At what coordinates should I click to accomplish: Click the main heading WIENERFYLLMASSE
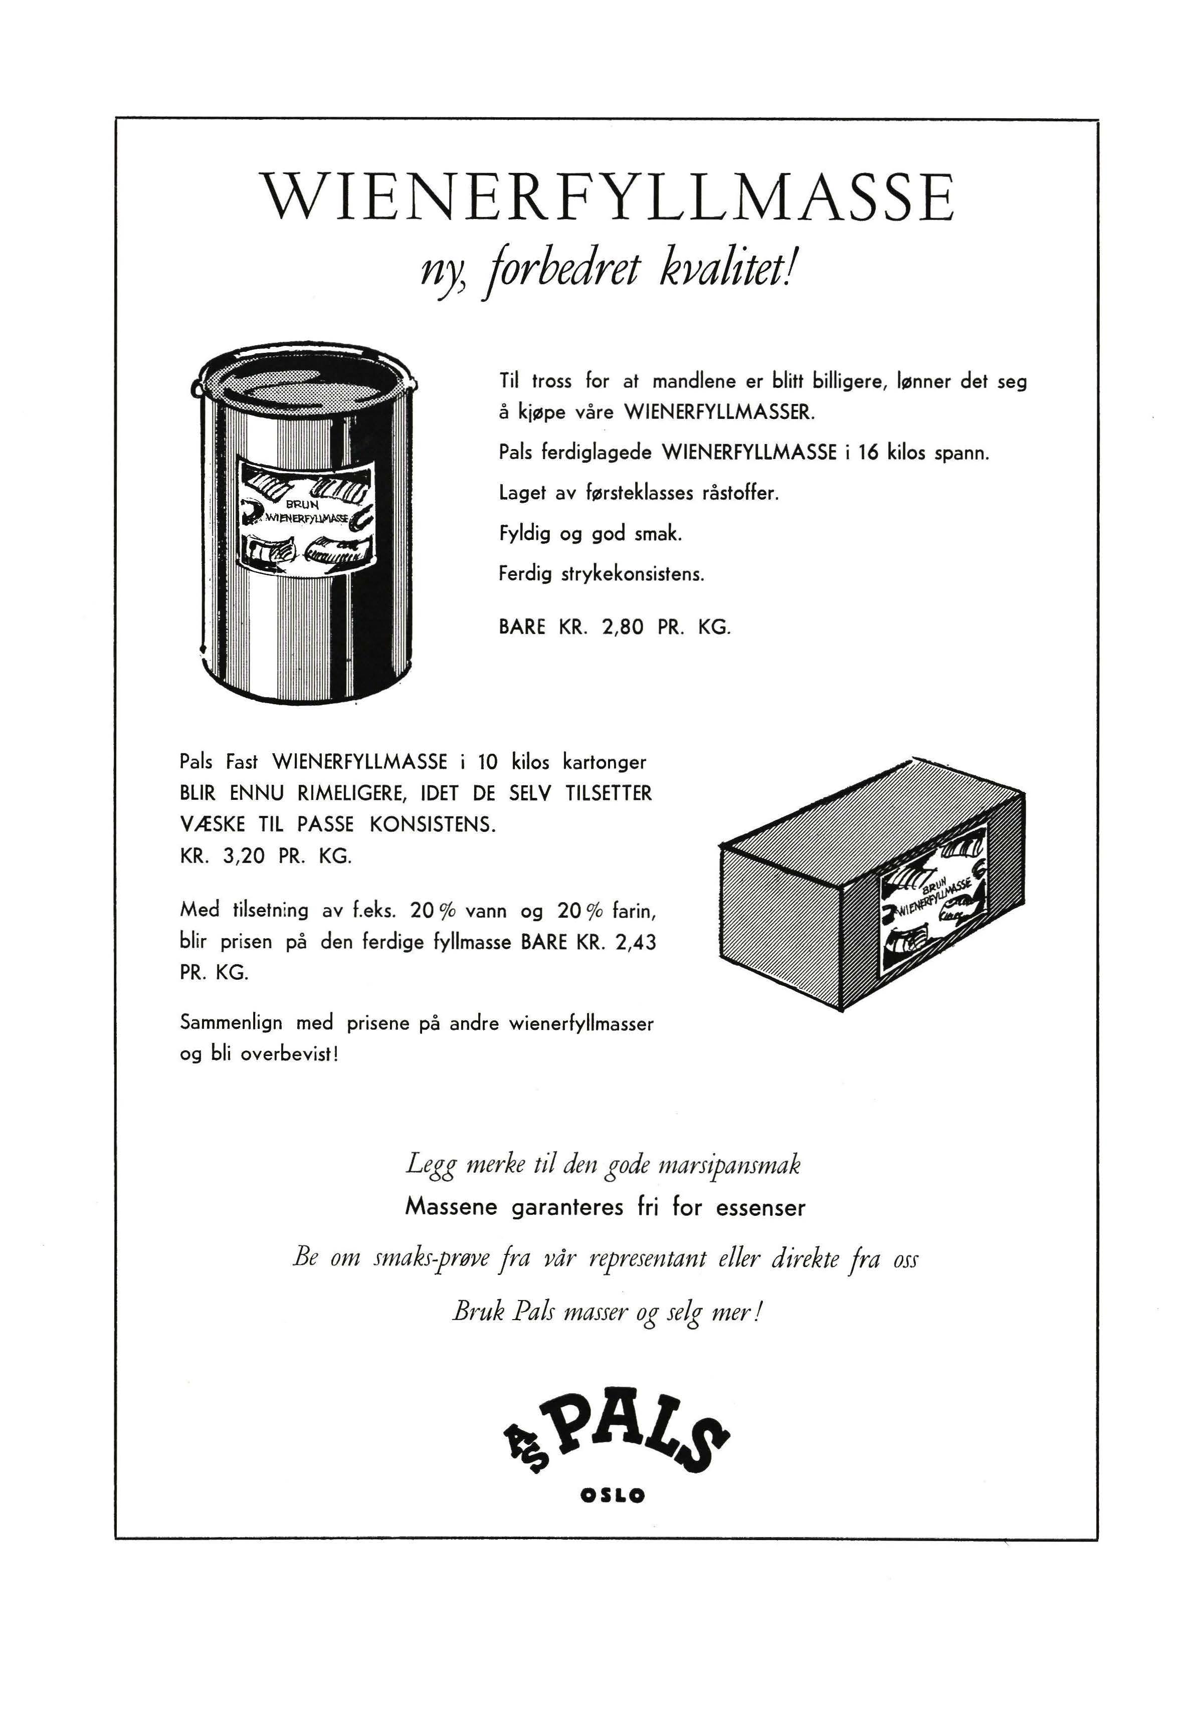click(x=610, y=197)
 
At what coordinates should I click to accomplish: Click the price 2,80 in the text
click(x=623, y=627)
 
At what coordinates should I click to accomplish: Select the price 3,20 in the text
click(x=243, y=856)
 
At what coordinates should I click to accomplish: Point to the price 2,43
click(x=636, y=943)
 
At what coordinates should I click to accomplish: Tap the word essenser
click(x=760, y=1208)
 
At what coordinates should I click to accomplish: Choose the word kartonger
click(x=605, y=762)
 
